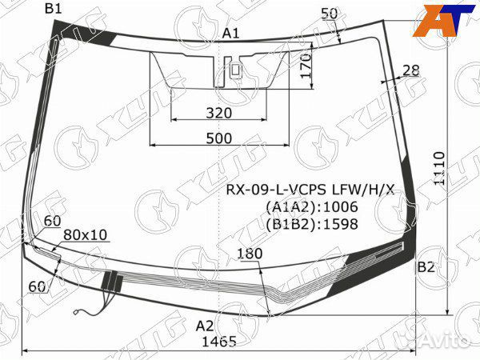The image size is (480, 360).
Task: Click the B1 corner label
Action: tap(54, 9)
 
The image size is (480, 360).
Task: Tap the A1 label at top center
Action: tap(231, 33)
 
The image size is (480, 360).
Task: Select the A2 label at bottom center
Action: tap(206, 325)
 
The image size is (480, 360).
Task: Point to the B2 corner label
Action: tap(426, 266)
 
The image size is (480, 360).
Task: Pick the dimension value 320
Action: tap(218, 113)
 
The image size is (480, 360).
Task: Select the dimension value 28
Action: tap(410, 70)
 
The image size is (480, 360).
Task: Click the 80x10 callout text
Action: tap(86, 234)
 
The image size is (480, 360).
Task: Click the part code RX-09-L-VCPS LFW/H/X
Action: tap(309, 190)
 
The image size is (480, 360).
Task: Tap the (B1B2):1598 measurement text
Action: tap(312, 224)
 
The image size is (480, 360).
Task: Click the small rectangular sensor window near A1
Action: tap(235, 70)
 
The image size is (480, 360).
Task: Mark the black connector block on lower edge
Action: tap(111, 280)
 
